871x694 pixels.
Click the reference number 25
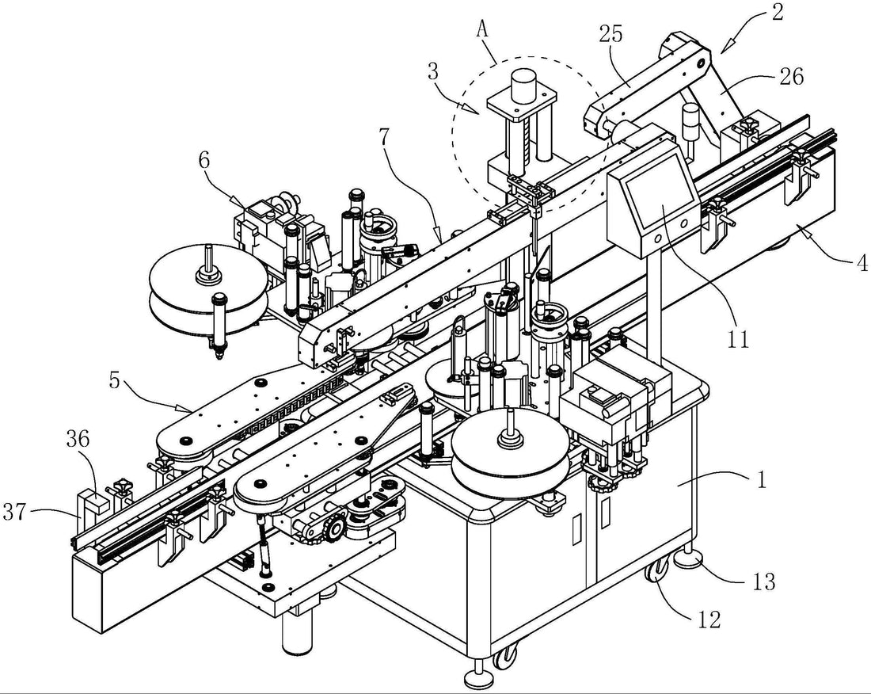coord(611,34)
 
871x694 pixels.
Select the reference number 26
coord(790,76)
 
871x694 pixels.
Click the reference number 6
coord(204,159)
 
